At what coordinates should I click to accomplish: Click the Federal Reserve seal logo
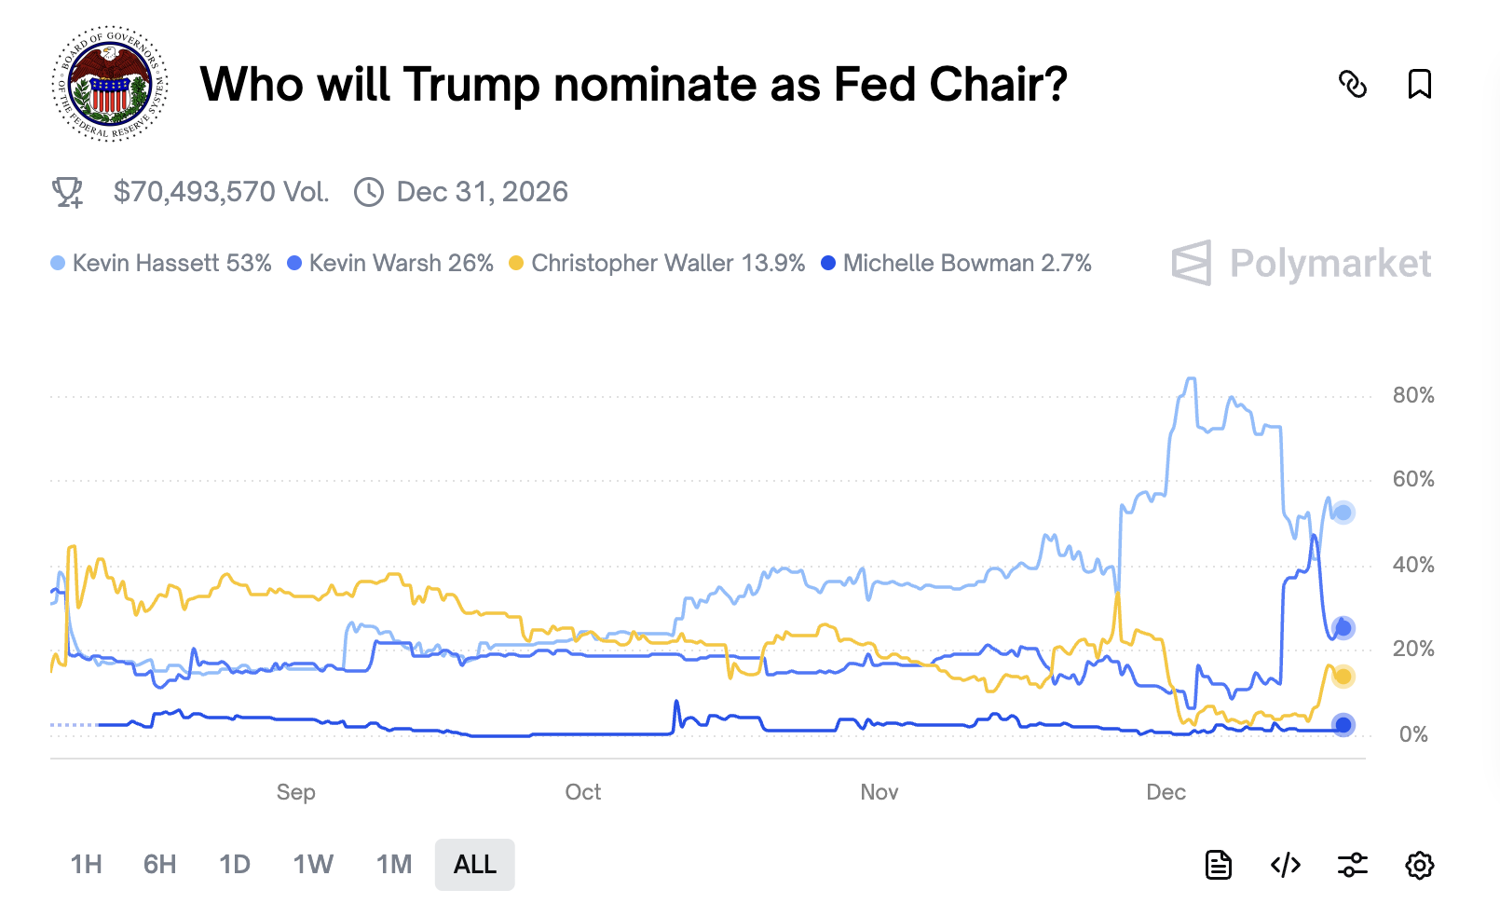pos(110,84)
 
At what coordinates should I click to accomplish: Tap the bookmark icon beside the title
pos(1419,84)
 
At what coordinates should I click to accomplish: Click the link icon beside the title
pos(1352,84)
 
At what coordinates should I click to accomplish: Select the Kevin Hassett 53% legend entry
pos(161,264)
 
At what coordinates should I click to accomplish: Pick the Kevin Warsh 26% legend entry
pos(390,264)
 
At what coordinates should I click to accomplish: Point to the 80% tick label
pos(1412,395)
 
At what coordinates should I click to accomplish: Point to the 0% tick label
pos(1412,734)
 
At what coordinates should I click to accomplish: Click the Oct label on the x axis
pos(583,792)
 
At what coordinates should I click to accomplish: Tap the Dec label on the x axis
pos(1166,792)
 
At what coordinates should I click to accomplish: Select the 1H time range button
pos(87,865)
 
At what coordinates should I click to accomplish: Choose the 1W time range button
pos(313,865)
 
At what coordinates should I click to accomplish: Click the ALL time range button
pos(474,865)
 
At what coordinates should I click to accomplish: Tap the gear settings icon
pos(1419,865)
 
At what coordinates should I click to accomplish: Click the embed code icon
pos(1286,865)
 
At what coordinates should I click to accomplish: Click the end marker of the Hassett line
pos(1343,513)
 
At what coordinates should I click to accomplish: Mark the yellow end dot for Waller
pos(1343,677)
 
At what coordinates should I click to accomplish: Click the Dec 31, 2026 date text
pos(482,192)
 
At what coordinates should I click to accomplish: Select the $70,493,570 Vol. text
pos(221,192)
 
